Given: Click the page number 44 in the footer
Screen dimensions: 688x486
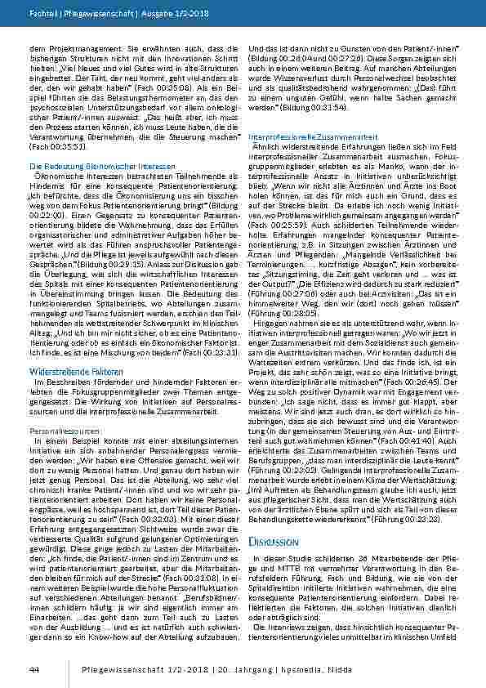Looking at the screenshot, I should [34, 669].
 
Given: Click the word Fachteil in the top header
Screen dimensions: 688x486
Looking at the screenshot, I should [42, 14].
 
